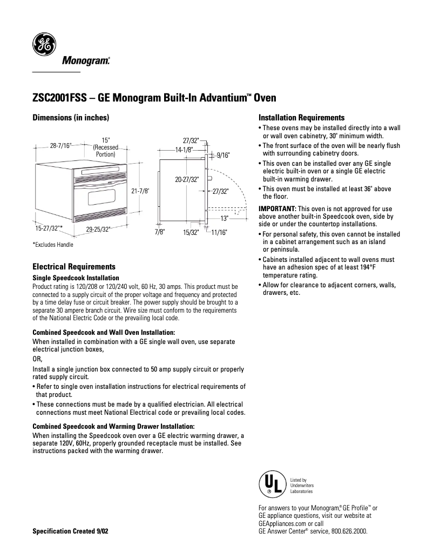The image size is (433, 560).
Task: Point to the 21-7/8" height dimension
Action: pos(140,191)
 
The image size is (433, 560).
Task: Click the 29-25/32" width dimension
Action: pos(98,230)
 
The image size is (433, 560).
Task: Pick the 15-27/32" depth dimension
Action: pos(45,228)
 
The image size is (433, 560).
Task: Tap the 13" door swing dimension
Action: pos(224,218)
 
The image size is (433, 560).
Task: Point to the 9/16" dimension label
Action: pos(223,156)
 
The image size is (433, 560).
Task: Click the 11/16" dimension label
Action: pos(219,232)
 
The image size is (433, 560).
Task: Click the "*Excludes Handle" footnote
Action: pos(53,245)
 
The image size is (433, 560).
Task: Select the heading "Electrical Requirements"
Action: pos(74,267)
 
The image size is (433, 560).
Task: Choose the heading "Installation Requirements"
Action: pos(302,117)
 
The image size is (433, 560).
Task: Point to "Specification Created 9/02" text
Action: pos(70,531)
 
